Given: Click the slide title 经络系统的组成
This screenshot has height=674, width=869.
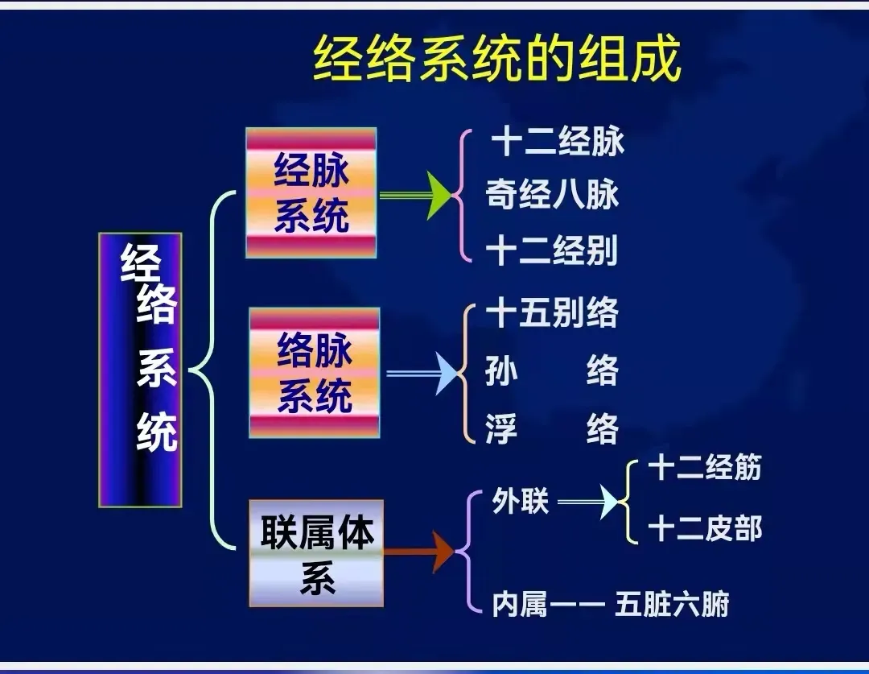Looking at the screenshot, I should (x=496, y=59).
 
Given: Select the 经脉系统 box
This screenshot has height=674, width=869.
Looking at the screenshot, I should (x=311, y=193).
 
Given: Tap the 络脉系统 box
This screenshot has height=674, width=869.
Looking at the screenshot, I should (x=314, y=373).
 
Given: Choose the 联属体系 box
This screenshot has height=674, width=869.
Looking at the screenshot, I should (x=316, y=553).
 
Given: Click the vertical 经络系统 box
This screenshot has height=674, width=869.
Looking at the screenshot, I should (x=141, y=370).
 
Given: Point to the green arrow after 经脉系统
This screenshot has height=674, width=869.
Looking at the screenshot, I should (x=418, y=196).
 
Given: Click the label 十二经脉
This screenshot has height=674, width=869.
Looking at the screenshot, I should (x=558, y=143).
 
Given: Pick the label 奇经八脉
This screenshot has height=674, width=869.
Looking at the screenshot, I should (x=552, y=195).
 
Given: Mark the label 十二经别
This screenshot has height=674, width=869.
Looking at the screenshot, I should (x=552, y=251).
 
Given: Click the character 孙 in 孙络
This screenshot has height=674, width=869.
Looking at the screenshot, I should (x=501, y=372).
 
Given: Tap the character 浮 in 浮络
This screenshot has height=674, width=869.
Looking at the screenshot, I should (x=501, y=428).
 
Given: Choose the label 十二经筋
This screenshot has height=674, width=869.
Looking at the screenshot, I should (x=704, y=468).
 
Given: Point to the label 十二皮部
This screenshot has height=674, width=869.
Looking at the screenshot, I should (x=704, y=529).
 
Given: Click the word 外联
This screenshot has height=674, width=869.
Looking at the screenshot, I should (x=520, y=502).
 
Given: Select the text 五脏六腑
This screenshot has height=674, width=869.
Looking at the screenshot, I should (x=672, y=604).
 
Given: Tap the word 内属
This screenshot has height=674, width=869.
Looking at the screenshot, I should (x=520, y=604).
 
